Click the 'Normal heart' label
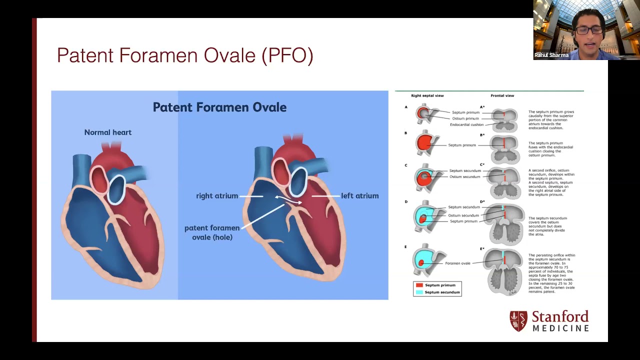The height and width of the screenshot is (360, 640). [x=107, y=132]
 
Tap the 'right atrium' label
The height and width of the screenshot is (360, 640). [x=217, y=196]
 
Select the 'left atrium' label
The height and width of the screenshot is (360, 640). [x=359, y=196]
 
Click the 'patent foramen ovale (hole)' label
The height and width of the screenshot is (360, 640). [x=212, y=232]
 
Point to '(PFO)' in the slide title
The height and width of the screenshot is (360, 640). [x=287, y=55]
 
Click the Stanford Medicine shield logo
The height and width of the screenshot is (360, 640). [x=518, y=321]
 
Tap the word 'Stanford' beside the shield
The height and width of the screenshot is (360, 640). [x=560, y=317]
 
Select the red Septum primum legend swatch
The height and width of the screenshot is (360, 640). [x=419, y=285]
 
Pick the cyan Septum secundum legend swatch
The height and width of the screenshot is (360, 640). [x=419, y=292]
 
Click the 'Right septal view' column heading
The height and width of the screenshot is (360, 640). [x=427, y=95]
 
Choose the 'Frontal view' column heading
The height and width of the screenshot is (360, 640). [x=502, y=95]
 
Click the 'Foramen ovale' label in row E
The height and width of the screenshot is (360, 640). [x=457, y=263]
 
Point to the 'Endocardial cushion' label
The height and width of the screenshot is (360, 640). [x=466, y=124]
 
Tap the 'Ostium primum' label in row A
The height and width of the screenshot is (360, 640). [x=465, y=118]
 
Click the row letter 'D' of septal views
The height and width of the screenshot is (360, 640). [x=406, y=202]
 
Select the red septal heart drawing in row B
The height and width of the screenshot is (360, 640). [x=425, y=144]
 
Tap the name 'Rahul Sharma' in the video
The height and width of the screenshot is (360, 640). [x=551, y=55]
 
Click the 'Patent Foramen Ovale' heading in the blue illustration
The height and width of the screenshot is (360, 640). [x=219, y=107]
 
